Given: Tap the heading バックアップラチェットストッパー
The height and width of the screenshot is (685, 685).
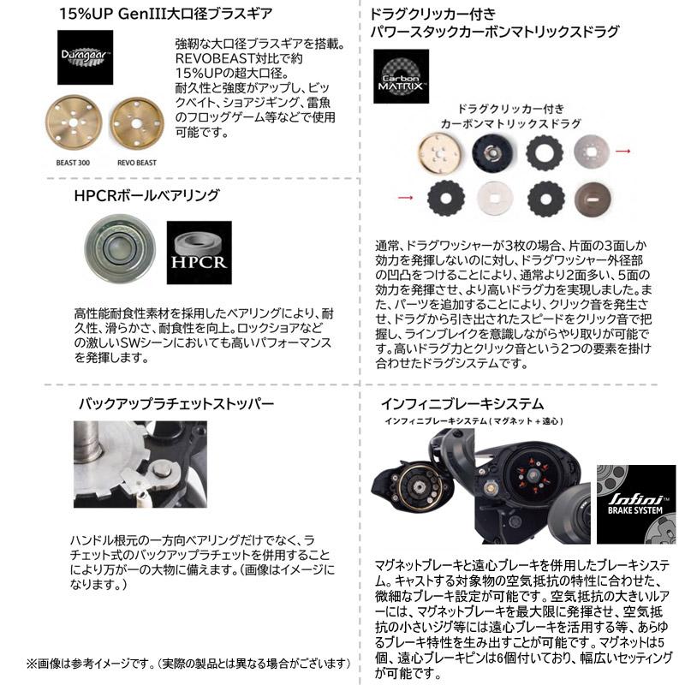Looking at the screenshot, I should [176, 402].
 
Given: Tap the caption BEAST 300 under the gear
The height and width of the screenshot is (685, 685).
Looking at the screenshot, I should [74, 161].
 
